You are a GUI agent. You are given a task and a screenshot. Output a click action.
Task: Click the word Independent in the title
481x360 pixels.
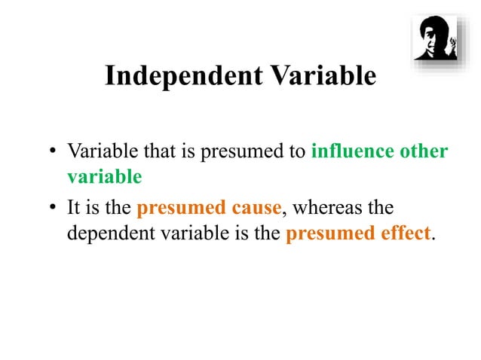click(x=175, y=77)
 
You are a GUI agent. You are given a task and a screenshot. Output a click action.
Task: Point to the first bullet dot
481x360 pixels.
click(x=54, y=153)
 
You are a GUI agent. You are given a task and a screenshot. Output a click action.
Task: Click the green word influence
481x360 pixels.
click(x=351, y=151)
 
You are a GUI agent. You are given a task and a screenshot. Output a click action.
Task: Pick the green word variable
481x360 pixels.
click(x=104, y=178)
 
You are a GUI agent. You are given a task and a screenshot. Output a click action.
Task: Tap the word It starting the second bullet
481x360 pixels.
click(x=75, y=206)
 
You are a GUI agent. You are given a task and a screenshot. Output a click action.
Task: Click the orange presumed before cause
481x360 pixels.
click(x=178, y=206)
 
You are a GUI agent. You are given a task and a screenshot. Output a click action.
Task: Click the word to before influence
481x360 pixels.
click(x=299, y=151)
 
